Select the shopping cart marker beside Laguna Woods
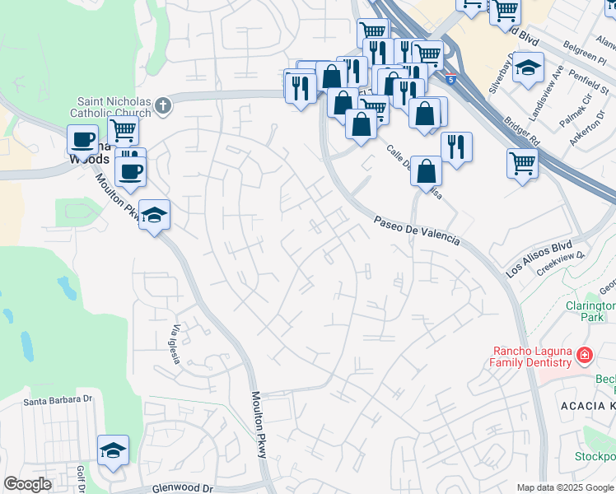click(123, 130)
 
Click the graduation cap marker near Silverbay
click(527, 68)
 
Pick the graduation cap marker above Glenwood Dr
click(113, 451)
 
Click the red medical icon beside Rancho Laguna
click(584, 355)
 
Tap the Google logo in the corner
click(27, 484)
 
